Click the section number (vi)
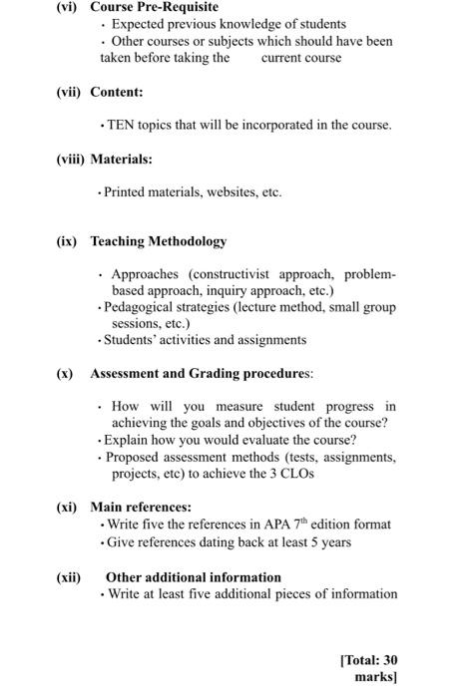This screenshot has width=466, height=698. click(68, 7)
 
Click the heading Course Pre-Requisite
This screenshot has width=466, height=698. click(154, 7)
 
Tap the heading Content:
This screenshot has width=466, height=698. click(117, 92)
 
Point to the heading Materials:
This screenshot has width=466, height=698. click(121, 159)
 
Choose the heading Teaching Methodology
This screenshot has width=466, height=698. click(159, 241)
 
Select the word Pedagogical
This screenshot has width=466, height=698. click(145, 307)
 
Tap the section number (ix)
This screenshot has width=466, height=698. click(67, 241)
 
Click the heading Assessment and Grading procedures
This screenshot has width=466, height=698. click(201, 374)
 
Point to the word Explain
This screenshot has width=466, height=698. click(131, 440)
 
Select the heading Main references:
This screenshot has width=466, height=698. click(141, 507)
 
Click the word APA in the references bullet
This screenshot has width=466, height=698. click(264, 524)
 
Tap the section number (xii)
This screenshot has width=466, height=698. click(69, 576)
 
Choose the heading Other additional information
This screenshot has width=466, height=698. click(194, 576)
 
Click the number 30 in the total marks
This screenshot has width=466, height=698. click(390, 660)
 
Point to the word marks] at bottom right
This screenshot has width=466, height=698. click(376, 677)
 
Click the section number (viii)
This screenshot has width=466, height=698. click(70, 159)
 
